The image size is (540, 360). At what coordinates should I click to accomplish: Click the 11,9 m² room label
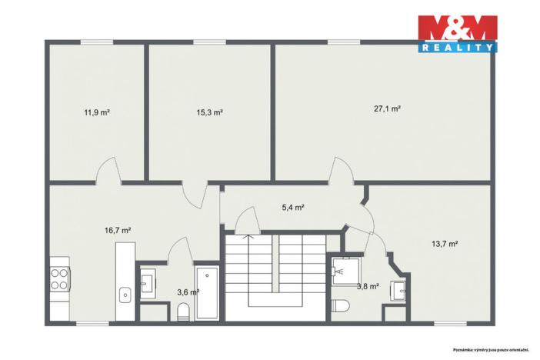coord(97,112)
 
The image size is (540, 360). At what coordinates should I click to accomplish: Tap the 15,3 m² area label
coord(209,112)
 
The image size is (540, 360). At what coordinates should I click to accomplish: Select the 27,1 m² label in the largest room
coord(387,109)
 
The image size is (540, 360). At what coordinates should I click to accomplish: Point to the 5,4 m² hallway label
coord(293,208)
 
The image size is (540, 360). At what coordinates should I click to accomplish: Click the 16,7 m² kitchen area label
coord(118,231)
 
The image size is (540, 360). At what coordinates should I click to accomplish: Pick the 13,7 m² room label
coord(445,244)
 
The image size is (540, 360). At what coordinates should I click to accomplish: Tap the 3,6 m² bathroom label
coord(188,292)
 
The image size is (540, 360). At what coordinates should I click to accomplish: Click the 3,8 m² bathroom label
coord(368,286)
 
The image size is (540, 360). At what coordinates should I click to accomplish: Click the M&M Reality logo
coord(458,34)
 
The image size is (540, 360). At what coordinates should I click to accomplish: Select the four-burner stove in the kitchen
coord(59,279)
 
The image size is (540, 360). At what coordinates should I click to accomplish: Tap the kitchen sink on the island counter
coord(125,295)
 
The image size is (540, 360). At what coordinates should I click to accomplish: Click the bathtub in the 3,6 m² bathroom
coord(207,293)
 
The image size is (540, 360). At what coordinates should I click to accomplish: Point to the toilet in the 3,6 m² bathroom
coord(183,312)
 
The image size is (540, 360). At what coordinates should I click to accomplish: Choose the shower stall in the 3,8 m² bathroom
coord(345,271)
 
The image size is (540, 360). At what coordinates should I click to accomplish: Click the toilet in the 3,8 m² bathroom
coord(341,305)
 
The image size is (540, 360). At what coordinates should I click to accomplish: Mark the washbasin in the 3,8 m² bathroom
coord(398,291)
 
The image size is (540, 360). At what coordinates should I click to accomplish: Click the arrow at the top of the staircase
coord(248,236)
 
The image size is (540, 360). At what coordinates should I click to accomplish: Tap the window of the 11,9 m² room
coord(97,42)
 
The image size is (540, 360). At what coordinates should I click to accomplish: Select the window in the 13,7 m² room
coord(451,324)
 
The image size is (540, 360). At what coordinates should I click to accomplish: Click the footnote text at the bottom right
coord(491,350)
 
